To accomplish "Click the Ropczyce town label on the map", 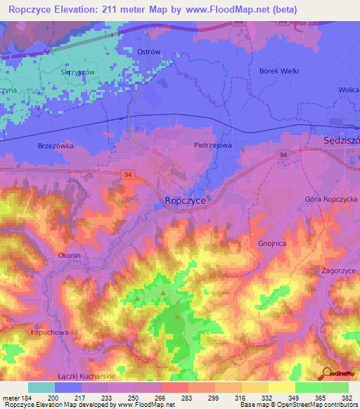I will [184, 200].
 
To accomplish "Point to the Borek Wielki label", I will [279, 71].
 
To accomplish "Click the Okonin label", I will [73, 256].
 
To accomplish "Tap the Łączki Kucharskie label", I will [86, 376].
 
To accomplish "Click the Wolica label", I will [348, 91].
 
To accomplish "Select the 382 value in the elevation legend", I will [346, 398].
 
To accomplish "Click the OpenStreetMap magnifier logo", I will [328, 374].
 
